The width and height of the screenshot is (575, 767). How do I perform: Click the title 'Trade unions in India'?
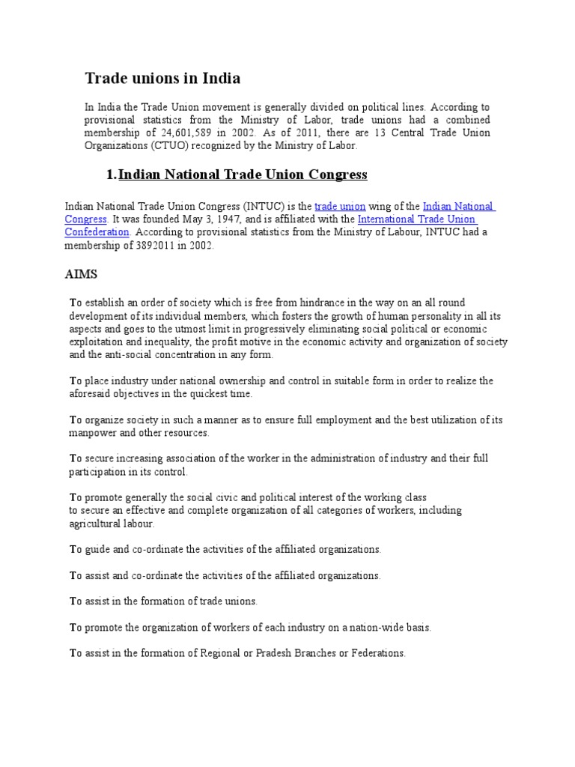point(162,78)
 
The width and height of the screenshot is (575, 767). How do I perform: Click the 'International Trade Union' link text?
point(416,219)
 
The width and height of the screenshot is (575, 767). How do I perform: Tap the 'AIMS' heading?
point(82,275)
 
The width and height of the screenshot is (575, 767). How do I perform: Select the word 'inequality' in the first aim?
point(149,342)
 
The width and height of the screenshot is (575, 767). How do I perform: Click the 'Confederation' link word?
point(97,232)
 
